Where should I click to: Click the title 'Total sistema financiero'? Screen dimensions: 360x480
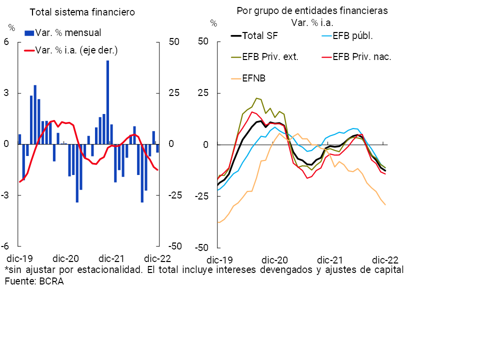[82, 12]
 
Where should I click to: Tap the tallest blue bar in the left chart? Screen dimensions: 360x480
[107, 102]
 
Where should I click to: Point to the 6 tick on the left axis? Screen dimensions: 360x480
[6, 42]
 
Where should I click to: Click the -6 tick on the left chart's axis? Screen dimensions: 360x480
[5, 246]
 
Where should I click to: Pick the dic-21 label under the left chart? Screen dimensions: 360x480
[112, 258]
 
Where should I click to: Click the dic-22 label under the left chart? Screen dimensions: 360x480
[157, 258]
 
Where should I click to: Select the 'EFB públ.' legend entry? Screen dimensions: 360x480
[353, 35]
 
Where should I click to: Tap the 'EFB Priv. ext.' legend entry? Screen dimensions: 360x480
[270, 56]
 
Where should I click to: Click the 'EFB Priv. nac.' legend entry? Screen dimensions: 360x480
[361, 56]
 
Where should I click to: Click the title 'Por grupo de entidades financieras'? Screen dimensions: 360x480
[312, 10]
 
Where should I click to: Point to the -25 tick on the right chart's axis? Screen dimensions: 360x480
[202, 196]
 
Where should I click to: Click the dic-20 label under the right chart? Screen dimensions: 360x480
[274, 260]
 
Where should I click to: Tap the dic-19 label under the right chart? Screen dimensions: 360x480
[219, 260]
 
